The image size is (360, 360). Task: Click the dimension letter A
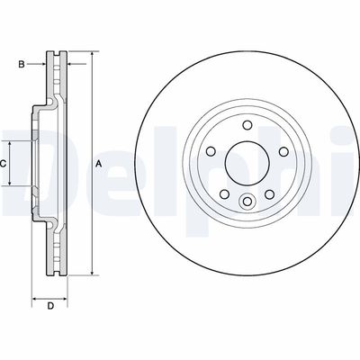point(99,163)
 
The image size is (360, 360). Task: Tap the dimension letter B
point(22,64)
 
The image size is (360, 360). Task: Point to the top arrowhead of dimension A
point(91,56)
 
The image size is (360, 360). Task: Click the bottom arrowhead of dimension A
point(91,272)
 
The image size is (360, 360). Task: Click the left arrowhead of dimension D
point(35,297)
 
